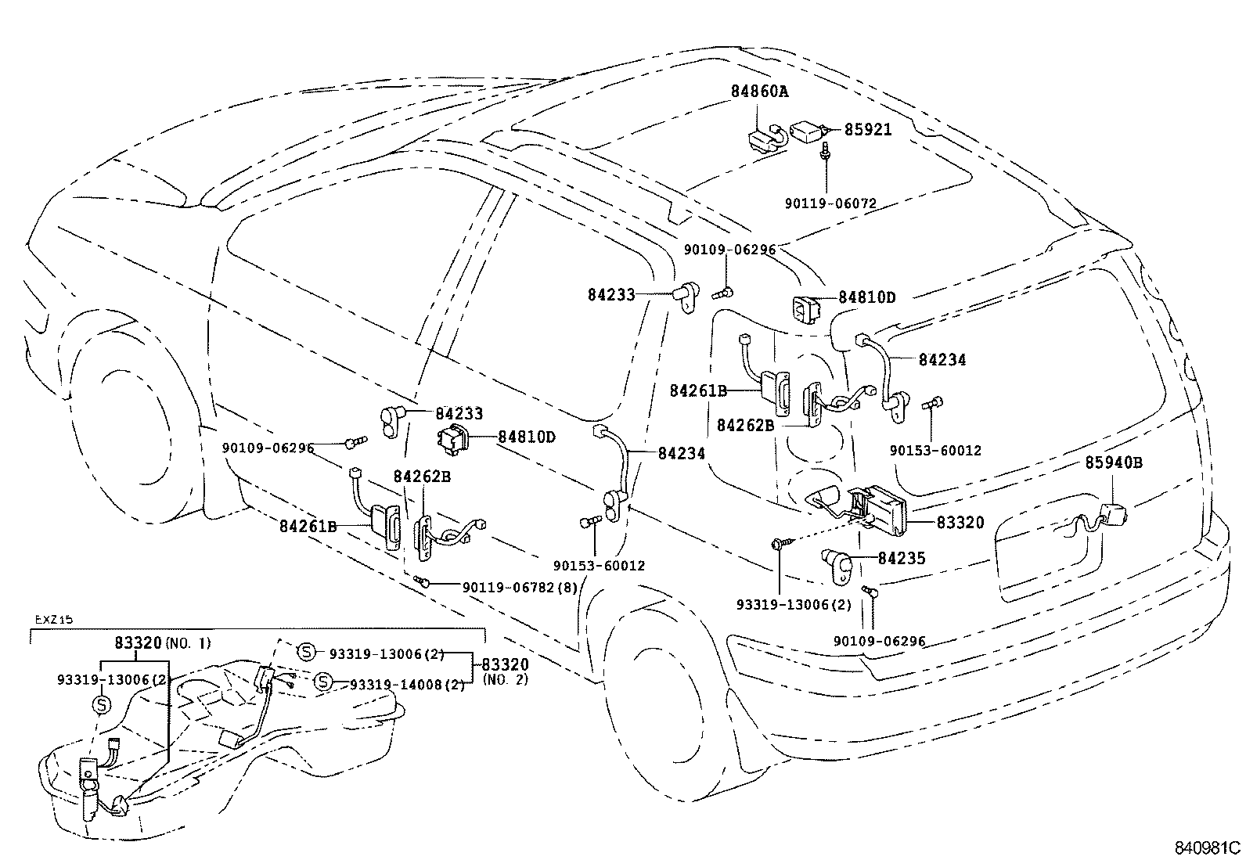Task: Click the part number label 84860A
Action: coord(759,92)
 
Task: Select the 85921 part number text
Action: coord(867,130)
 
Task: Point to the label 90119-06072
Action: coord(830,203)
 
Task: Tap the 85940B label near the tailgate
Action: coord(1113,462)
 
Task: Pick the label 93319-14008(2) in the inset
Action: coord(407,685)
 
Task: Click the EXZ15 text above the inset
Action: coord(54,619)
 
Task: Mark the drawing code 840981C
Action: coord(1208,847)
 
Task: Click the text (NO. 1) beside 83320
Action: coord(188,643)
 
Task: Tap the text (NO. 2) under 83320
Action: coord(506,679)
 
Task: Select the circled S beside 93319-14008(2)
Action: coord(322,683)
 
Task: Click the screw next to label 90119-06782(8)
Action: coord(423,581)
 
